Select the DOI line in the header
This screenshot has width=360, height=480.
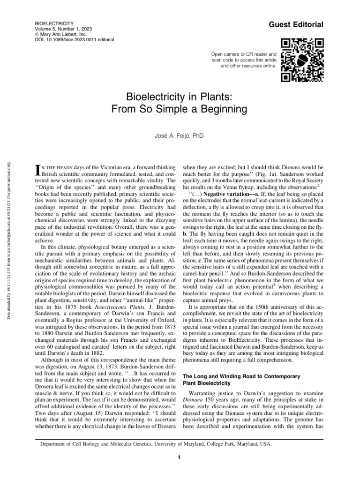coord(75,41)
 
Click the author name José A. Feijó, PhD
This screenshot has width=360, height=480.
coord(180,136)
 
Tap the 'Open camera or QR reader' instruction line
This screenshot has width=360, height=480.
coord(243,55)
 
